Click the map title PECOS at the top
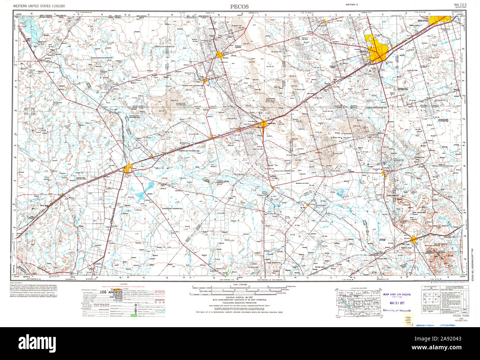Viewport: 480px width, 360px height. click(240, 6)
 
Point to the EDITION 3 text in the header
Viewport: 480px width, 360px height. click(351, 4)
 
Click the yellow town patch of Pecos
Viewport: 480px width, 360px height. click(129, 169)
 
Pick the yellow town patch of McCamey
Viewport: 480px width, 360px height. click(414, 240)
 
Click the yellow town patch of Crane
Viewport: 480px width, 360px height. click(384, 173)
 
